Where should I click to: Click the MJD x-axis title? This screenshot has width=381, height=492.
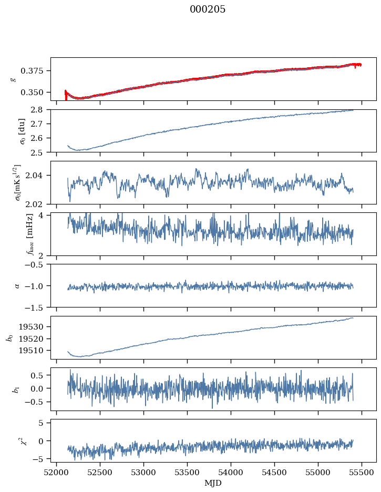pos(213,483)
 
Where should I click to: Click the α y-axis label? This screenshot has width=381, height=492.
pos(17,285)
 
